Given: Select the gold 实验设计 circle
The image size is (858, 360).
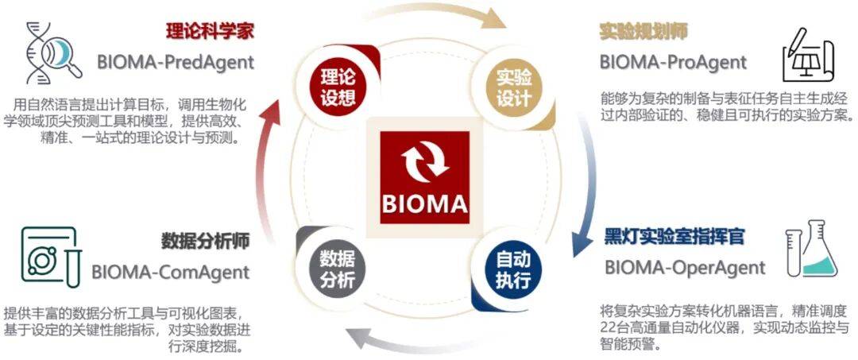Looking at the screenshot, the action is coord(514,88).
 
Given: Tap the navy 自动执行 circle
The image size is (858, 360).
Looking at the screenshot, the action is coord(514,270).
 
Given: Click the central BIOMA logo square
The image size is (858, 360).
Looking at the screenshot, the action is coord(425,177).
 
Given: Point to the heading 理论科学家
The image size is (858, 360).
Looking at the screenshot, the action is coord(210,31).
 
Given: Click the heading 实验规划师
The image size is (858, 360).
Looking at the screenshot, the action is coord(643,32).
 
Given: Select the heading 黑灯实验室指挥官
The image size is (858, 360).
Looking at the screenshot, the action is coord(674,237).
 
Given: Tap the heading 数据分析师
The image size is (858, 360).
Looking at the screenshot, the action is coord(206,241).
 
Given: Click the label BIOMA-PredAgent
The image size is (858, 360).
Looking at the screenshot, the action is coord(176,62).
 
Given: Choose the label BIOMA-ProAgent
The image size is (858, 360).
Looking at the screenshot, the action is coord(673,62).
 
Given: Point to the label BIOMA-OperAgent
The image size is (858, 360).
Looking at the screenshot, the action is coord(685,268).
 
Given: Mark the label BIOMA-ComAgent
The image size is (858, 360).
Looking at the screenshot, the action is coord(170,271).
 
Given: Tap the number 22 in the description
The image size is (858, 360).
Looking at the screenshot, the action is coord(608,329).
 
